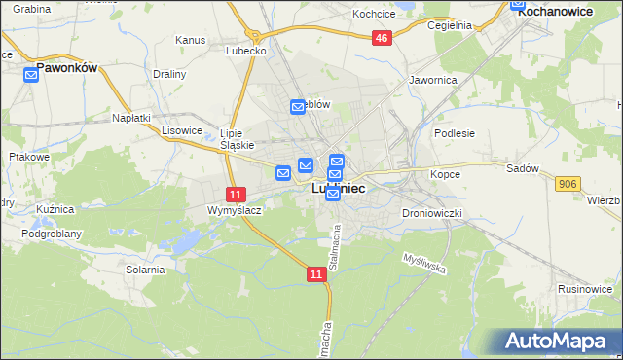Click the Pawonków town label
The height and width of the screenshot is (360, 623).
69,69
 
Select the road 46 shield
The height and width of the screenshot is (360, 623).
382,38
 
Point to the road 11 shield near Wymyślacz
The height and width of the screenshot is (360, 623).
235,195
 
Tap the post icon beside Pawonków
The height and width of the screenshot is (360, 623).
30,75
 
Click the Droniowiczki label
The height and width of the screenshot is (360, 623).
429,212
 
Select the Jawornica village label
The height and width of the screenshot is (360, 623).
433,80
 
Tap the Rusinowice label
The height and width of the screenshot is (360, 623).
584,289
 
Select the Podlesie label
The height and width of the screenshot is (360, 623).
454,133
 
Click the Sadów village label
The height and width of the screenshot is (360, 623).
522,168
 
